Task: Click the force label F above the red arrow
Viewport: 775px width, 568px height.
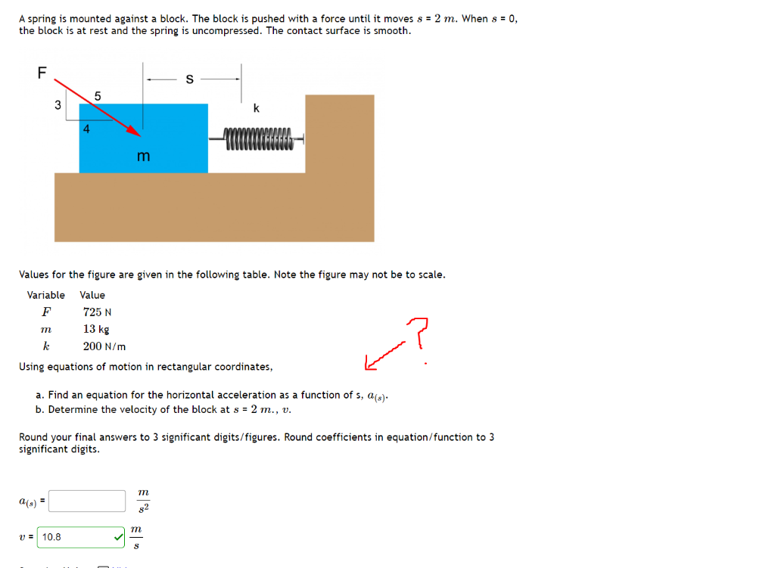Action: [x=42, y=73]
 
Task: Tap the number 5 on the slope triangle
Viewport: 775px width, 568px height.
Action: [x=98, y=95]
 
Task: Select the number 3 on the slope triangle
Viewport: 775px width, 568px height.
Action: [x=58, y=106]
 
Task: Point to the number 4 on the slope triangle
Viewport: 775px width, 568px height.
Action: [x=86, y=129]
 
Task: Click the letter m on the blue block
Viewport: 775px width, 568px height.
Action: [x=143, y=156]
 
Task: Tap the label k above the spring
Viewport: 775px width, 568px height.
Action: [x=256, y=108]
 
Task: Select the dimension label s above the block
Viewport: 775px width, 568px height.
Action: [x=189, y=78]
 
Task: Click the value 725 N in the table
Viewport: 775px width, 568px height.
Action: [x=98, y=312]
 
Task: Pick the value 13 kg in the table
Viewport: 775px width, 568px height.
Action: [x=96, y=329]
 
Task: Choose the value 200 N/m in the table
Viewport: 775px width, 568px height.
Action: [x=104, y=346]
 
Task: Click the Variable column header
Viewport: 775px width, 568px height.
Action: [x=46, y=295]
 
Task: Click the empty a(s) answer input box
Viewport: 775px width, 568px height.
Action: [x=88, y=501]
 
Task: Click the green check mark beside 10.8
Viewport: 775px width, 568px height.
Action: [x=118, y=537]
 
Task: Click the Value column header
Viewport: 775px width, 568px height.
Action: [x=92, y=295]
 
